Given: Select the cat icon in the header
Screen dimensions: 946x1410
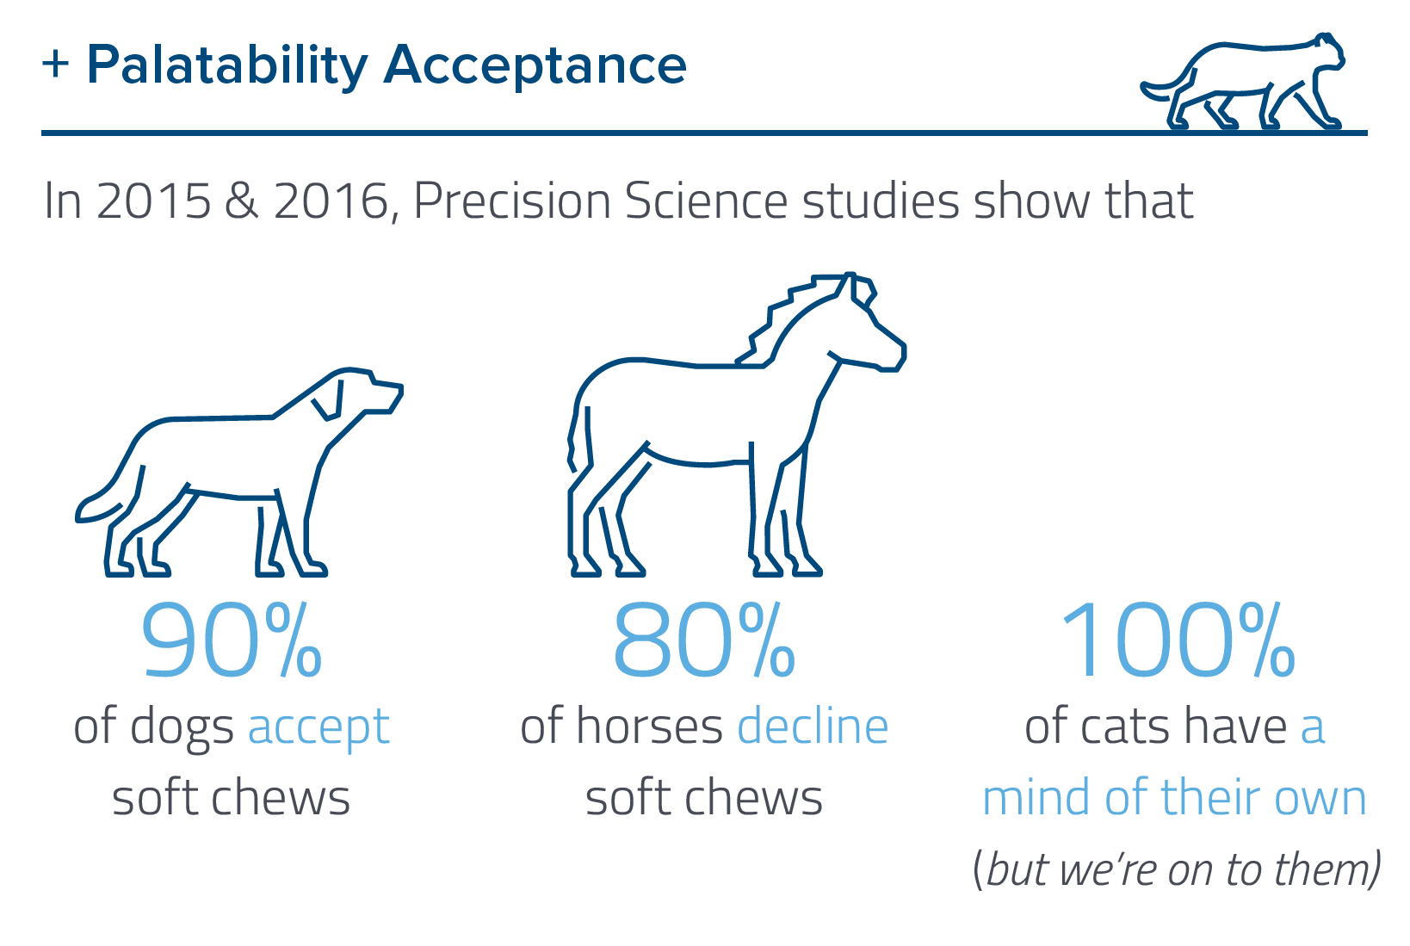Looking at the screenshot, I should [1242, 83].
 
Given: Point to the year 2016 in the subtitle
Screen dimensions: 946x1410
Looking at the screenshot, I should [331, 201].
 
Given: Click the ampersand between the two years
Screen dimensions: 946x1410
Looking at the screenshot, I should [242, 201].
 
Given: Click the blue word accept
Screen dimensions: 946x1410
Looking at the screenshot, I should [318, 727].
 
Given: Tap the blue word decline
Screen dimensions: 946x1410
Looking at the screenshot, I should [813, 727].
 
